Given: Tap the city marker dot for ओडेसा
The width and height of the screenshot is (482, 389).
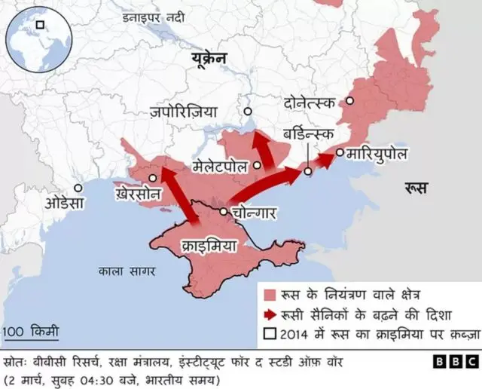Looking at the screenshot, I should coord(78,188).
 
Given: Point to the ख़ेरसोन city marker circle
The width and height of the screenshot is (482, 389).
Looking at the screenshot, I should coord(153,179).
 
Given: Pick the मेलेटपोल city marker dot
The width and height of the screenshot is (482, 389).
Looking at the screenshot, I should coord(258,164).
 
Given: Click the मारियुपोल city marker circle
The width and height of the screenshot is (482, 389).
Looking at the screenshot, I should coord(340,153).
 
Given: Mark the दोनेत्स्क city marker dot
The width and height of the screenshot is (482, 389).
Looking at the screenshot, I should coord(349,100).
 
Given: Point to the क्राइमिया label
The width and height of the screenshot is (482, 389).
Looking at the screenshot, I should coord(210,245).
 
